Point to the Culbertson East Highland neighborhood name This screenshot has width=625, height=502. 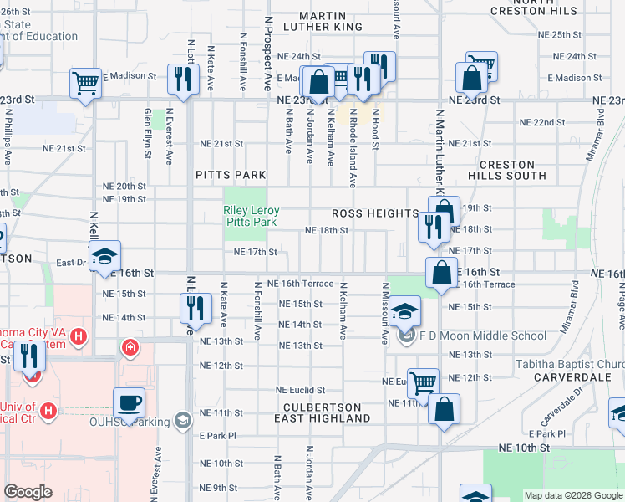click(322, 412)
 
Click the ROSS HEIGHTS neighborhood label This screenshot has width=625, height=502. click(374, 213)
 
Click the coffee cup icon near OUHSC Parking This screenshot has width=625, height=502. click(129, 402)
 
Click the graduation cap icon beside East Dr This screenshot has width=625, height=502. click(105, 256)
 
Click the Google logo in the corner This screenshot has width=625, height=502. click(28, 492)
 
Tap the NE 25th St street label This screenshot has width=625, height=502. click(560, 34)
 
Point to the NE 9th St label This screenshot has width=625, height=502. click(219, 488)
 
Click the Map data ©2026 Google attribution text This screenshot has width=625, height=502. click(573, 495)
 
